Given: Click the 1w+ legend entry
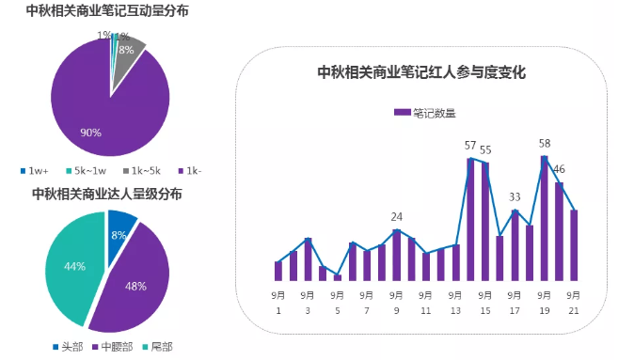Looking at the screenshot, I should coord(35,170).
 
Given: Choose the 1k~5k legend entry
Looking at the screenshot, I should coord(141,170).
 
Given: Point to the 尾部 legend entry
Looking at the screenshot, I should coord(156,346).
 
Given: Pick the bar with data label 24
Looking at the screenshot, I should coord(397,255).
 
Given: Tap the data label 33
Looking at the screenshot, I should coord(515,197).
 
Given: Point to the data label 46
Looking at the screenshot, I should coord(559,169).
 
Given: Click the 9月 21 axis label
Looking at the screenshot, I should coord(573,302).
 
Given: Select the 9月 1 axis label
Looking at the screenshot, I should coord(278,302).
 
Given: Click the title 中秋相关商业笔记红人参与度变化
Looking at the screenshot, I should coord(420,72).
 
